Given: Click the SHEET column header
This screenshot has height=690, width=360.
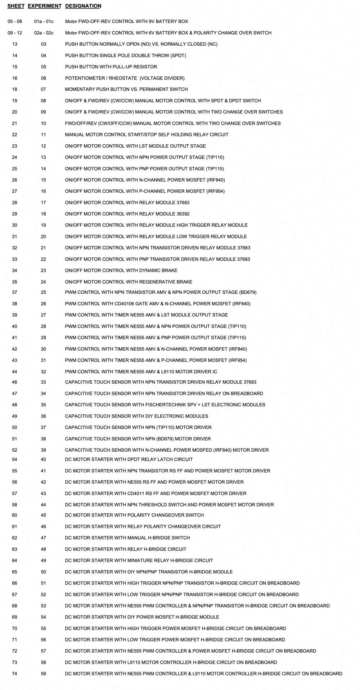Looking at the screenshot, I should [16, 6].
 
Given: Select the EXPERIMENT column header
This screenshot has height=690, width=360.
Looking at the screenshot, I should [44, 6].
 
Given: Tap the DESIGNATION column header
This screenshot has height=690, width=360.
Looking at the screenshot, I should [83, 6].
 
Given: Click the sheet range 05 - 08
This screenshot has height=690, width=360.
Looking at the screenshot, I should [15, 22].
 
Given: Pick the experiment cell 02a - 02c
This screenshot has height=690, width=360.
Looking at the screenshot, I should [44, 33].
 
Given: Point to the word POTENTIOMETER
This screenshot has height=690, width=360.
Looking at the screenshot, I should [82, 78].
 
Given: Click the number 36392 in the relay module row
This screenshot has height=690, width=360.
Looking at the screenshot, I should [183, 214].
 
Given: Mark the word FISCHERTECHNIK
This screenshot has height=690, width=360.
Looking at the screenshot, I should [165, 405].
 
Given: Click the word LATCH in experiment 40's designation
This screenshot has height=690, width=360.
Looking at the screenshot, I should [163, 460].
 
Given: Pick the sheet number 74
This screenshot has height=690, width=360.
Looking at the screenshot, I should [14, 674].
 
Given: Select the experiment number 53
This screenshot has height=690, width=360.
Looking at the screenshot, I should [44, 606].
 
